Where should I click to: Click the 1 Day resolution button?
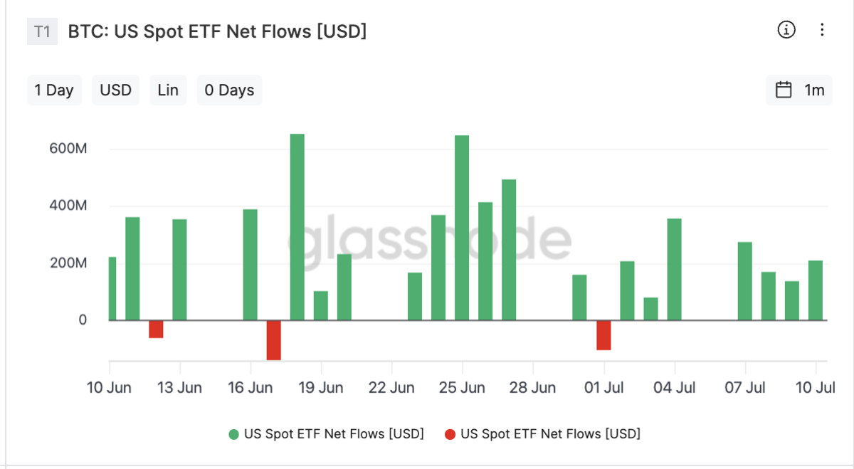pyautogui.click(x=54, y=90)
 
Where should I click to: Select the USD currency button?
pyautogui.click(x=115, y=90)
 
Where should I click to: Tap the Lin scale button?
pyautogui.click(x=168, y=90)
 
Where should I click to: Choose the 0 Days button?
pyautogui.click(x=229, y=90)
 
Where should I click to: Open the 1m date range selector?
pyautogui.click(x=799, y=90)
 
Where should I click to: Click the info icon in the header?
pyautogui.click(x=786, y=30)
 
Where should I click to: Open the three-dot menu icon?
pyautogui.click(x=822, y=30)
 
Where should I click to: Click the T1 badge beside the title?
pyautogui.click(x=43, y=31)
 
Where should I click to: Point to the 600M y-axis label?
pyautogui.click(x=68, y=149)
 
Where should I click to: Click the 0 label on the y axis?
pyautogui.click(x=83, y=320)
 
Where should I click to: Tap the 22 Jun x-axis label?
pyautogui.click(x=392, y=388)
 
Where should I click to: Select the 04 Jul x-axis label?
pyautogui.click(x=675, y=388)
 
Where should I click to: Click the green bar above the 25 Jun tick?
pyautogui.click(x=462, y=228)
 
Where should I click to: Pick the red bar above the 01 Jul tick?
pyautogui.click(x=603, y=335)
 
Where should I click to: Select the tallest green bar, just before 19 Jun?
pyautogui.click(x=297, y=227)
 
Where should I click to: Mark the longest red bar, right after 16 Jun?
pyautogui.click(x=273, y=340)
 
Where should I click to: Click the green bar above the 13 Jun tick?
pyautogui.click(x=179, y=270)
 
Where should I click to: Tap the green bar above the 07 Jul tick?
pyautogui.click(x=745, y=281)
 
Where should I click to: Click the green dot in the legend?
pyautogui.click(x=233, y=433)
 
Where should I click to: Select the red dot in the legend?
pyautogui.click(x=450, y=433)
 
